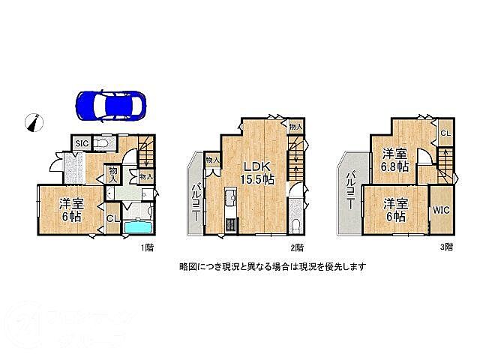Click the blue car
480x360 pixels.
coord(111,105)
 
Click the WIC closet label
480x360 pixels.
coord(440,211)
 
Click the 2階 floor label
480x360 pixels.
coord(298,247)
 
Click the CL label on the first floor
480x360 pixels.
coord(111,219)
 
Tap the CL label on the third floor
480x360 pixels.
coord(445,133)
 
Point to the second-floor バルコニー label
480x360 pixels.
coord(194,200)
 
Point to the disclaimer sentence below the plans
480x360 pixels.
coord(272,266)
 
